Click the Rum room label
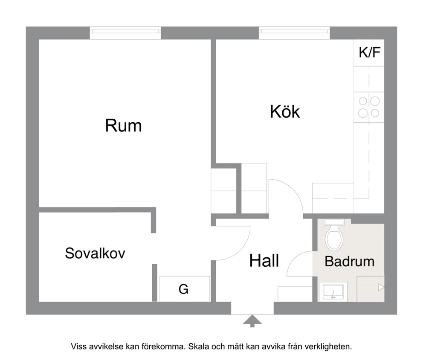(123, 126)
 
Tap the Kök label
(285, 111)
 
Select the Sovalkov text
(95, 253)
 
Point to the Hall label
(264, 260)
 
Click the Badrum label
(350, 262)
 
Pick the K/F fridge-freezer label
(369, 52)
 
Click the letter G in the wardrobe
(183, 289)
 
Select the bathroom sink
(333, 292)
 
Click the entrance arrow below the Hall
(252, 321)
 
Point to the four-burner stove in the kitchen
(369, 107)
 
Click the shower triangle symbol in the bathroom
(381, 287)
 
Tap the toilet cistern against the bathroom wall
(334, 222)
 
